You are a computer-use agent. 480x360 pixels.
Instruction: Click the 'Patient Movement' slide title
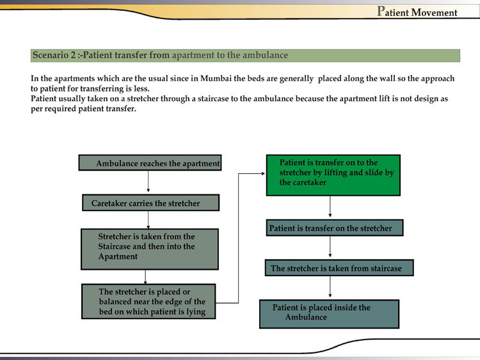pos(417,12)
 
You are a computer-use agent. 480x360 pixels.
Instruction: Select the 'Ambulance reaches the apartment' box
pos(150,163)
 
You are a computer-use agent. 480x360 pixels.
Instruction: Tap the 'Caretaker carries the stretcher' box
pos(150,203)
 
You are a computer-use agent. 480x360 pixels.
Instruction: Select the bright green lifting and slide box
pos(333,175)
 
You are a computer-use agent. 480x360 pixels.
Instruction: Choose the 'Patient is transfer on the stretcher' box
pos(334,228)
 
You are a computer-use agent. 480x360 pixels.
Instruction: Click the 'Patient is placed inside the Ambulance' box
pos(329,313)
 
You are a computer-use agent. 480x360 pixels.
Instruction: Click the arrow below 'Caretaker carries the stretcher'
pos(148,220)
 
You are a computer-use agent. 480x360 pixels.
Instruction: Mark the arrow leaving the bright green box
pos(330,207)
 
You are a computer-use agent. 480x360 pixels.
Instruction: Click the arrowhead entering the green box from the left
pos(262,173)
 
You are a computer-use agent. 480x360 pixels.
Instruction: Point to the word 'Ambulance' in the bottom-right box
pos(306,317)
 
